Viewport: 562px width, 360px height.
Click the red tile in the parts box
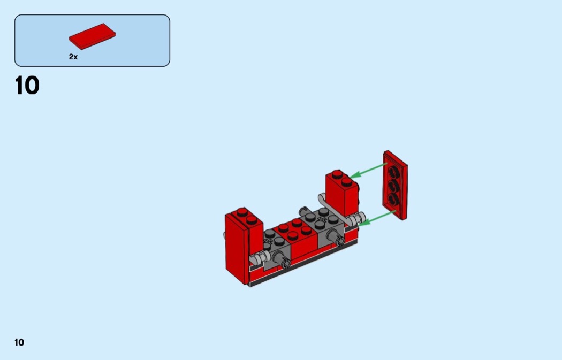tap(92, 36)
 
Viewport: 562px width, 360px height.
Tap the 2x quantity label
tap(73, 57)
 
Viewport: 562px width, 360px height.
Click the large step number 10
tap(27, 86)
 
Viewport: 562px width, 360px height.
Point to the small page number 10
tap(19, 342)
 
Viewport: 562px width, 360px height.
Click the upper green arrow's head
tap(354, 175)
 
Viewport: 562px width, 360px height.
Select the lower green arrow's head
tap(363, 223)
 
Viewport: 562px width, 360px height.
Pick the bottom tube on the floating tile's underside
tap(393, 198)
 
